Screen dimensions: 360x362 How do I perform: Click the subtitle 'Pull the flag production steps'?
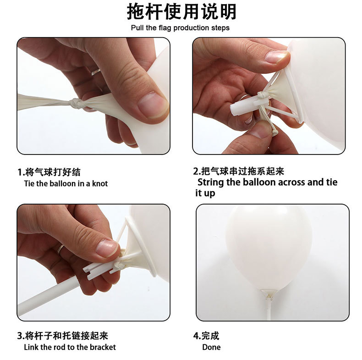(180, 28)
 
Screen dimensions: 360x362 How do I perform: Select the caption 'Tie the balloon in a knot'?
(66, 183)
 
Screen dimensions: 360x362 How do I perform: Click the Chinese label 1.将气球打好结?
(49, 172)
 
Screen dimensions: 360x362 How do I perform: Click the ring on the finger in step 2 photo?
(245, 97)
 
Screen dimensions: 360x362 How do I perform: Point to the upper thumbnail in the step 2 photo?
(277, 57)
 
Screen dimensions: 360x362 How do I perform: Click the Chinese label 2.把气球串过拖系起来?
(238, 171)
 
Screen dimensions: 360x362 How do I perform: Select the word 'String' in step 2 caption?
(211, 182)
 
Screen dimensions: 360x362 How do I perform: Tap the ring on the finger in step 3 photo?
(60, 249)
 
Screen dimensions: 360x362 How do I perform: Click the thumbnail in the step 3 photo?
(107, 248)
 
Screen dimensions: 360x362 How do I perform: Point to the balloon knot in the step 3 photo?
(120, 265)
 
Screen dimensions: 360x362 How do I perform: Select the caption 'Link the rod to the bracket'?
(70, 347)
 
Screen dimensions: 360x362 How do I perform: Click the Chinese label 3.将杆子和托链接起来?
(63, 336)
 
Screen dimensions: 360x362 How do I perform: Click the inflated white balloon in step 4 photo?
(269, 245)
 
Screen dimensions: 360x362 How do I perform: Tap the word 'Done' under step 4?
(211, 347)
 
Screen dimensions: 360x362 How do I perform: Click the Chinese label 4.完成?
(206, 336)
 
